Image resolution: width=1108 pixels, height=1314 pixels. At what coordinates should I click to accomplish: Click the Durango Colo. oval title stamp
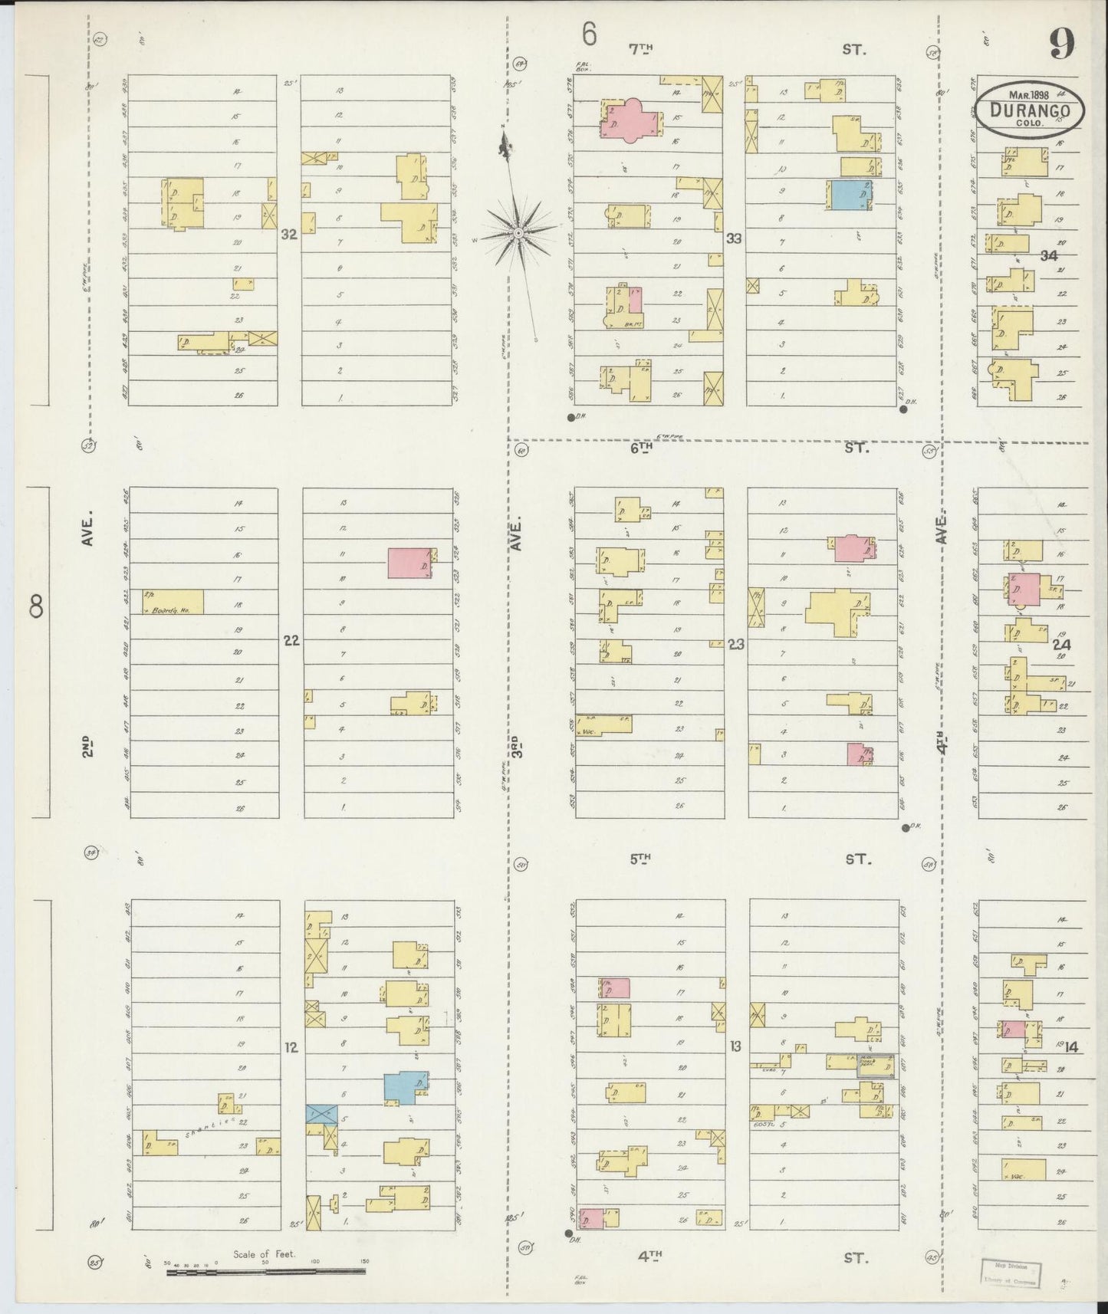click(1030, 110)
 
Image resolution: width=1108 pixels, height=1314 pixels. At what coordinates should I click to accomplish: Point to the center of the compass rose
click(518, 231)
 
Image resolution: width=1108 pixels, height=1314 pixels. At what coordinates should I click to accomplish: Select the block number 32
click(288, 235)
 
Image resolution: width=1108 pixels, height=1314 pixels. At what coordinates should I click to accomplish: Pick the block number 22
click(291, 640)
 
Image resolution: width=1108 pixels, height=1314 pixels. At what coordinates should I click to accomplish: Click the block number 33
click(734, 238)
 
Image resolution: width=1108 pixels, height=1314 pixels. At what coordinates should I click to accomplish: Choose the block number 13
click(735, 1045)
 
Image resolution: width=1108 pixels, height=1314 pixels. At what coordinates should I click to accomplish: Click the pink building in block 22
click(409, 563)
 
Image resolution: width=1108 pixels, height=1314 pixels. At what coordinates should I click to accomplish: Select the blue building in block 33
click(849, 195)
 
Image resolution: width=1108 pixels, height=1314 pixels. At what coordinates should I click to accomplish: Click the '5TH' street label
click(640, 859)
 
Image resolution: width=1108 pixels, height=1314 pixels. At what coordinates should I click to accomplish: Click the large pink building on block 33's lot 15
click(633, 119)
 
